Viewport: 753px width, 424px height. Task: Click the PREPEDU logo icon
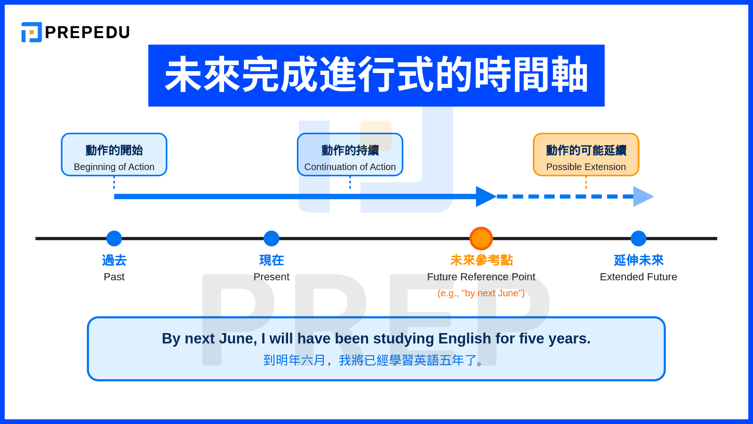(32, 32)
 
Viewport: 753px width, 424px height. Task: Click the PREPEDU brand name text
(87, 33)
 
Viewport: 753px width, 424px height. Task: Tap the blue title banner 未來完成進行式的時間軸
(376, 75)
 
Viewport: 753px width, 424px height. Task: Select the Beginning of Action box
(114, 155)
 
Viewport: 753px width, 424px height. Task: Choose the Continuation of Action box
(350, 155)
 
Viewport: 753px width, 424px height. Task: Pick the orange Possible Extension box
(586, 155)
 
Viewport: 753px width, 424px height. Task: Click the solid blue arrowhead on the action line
(485, 196)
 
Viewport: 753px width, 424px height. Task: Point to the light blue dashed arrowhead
(642, 196)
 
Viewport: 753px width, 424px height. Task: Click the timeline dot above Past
(114, 238)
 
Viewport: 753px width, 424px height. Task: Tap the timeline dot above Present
(271, 238)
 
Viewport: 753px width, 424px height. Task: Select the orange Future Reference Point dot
(481, 238)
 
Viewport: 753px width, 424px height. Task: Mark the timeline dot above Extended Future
(638, 238)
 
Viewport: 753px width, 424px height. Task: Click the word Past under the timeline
(114, 277)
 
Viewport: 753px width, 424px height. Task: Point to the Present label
(271, 277)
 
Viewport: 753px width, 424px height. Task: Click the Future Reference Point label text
(481, 277)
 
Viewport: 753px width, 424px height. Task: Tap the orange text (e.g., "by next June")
(481, 293)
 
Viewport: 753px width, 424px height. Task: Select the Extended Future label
(638, 277)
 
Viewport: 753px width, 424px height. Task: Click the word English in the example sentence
(465, 339)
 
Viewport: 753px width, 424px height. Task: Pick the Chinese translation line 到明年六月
(376, 360)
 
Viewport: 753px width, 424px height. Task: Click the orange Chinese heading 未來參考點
(481, 260)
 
